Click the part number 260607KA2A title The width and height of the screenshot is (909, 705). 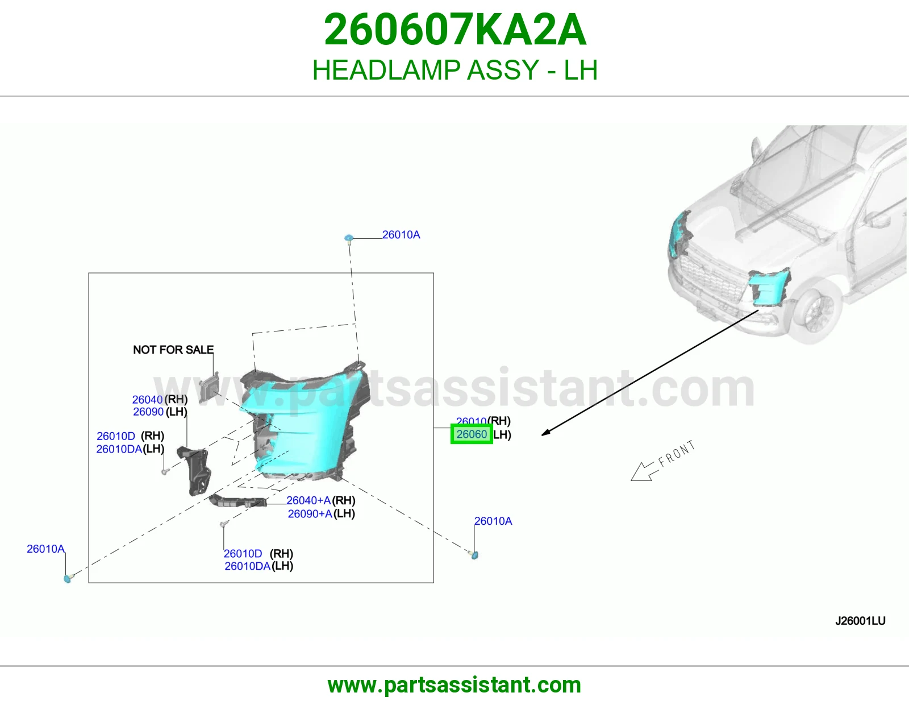click(455, 30)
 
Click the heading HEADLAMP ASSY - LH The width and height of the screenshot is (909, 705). click(455, 70)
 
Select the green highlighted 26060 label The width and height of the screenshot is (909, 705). click(472, 434)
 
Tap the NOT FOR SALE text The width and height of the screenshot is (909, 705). click(173, 350)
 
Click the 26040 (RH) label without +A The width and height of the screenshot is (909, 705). click(160, 399)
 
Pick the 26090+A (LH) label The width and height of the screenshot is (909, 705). click(321, 513)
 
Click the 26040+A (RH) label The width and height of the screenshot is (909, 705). click(321, 500)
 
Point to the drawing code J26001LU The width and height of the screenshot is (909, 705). click(861, 621)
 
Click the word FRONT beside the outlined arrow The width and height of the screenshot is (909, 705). click(677, 453)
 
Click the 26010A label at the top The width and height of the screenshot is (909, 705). click(401, 235)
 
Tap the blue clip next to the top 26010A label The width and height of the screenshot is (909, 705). click(349, 238)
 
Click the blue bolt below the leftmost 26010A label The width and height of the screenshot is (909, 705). click(68, 579)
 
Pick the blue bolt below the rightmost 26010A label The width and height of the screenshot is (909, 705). click(474, 555)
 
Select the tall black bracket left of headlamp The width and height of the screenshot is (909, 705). click(194, 471)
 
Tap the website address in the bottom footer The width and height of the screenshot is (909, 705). click(454, 685)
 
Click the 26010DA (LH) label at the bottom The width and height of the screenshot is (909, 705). click(258, 566)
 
